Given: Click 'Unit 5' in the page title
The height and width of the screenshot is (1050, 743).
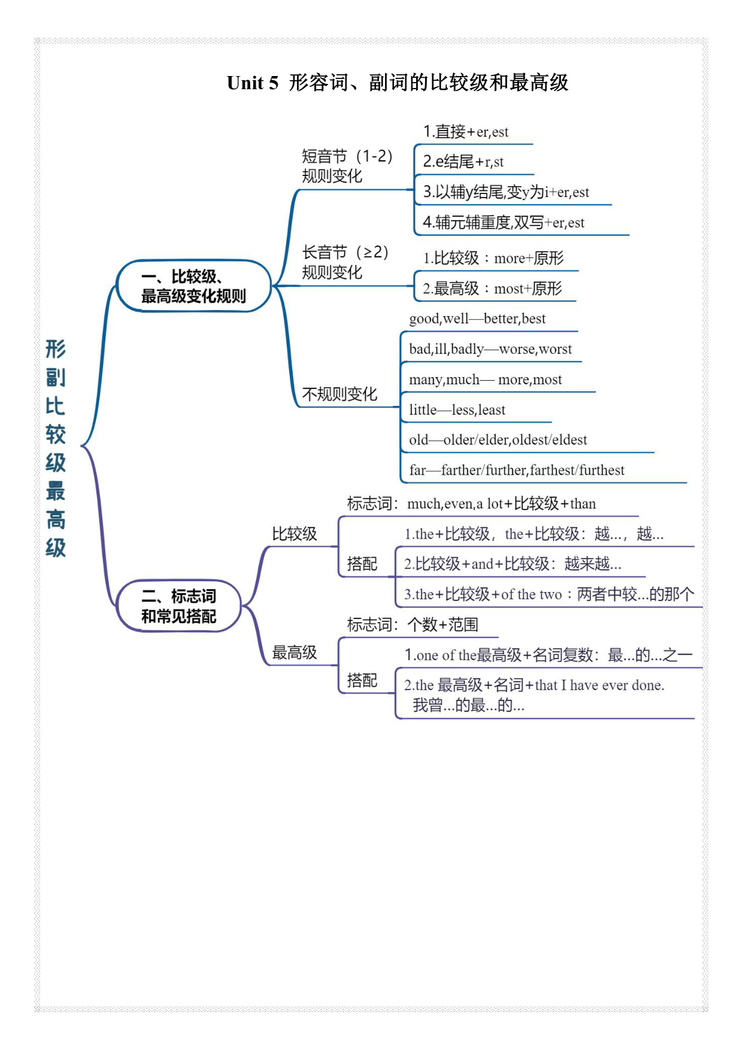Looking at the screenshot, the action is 253,83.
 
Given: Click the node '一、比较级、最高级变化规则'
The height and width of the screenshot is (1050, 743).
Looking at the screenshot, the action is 193,286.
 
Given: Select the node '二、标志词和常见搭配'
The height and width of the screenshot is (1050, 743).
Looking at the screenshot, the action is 178,606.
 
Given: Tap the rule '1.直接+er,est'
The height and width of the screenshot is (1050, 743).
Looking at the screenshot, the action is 466,132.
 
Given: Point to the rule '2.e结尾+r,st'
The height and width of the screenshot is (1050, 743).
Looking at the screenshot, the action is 463,162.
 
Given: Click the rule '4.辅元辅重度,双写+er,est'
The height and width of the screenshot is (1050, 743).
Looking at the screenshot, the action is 504,223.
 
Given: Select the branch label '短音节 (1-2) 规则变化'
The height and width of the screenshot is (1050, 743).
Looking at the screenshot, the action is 347,166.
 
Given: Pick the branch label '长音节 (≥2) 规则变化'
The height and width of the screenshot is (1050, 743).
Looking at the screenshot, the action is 345,262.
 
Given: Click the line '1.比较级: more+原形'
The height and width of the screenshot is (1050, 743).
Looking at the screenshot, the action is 493,258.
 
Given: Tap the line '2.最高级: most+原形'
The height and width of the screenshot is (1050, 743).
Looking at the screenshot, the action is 493,289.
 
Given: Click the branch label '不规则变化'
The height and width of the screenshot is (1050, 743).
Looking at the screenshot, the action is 339,394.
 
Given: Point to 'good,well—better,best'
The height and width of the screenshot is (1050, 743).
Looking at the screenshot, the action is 477,318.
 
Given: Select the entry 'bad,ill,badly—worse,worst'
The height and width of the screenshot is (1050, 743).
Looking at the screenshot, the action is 490,349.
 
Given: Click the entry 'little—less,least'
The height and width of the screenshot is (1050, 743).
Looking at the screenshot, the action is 457,409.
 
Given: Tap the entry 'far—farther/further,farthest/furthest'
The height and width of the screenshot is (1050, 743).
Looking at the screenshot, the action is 517,470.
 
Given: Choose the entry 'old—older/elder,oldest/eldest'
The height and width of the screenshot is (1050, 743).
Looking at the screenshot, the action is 498,440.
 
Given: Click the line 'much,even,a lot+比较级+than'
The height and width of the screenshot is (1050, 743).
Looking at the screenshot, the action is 502,503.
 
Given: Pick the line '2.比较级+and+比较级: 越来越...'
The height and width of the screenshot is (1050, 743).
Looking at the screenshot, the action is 512,564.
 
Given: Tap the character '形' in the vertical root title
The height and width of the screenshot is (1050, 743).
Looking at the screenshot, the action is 56,348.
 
